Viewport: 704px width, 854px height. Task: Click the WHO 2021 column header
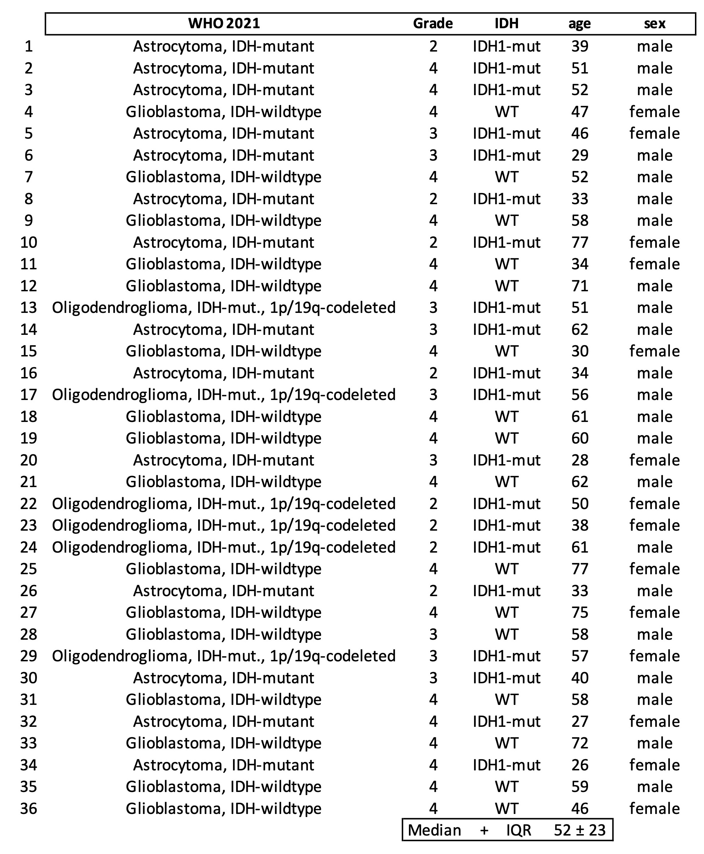tap(224, 24)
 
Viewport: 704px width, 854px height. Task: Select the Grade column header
tap(433, 24)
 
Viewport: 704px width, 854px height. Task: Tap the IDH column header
tap(506, 24)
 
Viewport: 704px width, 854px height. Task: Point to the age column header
tap(580, 24)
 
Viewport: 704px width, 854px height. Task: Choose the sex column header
tap(655, 24)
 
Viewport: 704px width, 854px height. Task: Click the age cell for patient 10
tap(580, 242)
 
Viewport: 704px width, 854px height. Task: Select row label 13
tap(28, 308)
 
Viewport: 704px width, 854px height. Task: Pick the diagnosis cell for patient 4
tap(224, 111)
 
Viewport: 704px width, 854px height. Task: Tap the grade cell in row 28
tap(433, 634)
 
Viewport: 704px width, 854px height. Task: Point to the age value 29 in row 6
tap(580, 155)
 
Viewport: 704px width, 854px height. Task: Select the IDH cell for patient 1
tap(506, 46)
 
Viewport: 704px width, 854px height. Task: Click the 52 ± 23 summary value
tap(580, 830)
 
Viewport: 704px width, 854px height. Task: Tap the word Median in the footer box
tap(434, 830)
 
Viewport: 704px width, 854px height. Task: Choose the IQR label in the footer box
tap(519, 830)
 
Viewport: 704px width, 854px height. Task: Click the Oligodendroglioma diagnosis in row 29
tap(224, 656)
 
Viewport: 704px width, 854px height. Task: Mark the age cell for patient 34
tap(580, 765)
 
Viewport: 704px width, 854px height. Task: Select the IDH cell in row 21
tap(506, 482)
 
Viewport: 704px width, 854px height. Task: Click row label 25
tap(28, 569)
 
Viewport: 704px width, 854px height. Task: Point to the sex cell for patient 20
tap(655, 460)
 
